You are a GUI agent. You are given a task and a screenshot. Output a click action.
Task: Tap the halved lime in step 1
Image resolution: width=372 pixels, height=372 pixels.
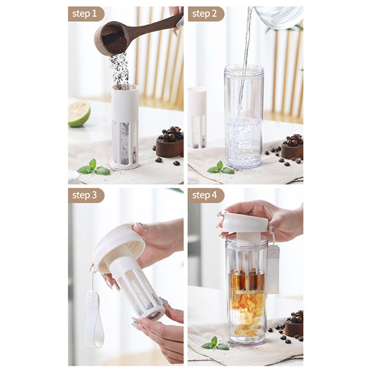pyautogui.click(x=79, y=113)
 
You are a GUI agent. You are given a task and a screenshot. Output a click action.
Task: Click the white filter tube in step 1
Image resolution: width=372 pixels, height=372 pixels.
pyautogui.click(x=125, y=126)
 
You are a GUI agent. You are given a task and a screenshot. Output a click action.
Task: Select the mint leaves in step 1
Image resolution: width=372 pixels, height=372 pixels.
pyautogui.click(x=93, y=168)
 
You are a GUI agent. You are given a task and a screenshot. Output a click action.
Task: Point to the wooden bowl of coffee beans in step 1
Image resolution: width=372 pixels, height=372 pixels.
pyautogui.click(x=170, y=143)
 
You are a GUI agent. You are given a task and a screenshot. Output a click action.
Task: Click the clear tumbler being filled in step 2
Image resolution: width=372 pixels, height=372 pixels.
pyautogui.click(x=244, y=117)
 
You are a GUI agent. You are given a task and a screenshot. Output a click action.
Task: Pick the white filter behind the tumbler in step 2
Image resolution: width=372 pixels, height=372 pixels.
pyautogui.click(x=197, y=118)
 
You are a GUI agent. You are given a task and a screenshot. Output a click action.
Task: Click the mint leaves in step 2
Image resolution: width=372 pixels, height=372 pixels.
pyautogui.click(x=221, y=168)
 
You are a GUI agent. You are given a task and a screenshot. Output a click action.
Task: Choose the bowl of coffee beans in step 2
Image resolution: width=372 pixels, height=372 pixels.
pyautogui.click(x=292, y=148)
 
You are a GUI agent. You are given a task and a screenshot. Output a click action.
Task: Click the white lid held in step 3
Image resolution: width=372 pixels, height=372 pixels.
pyautogui.click(x=118, y=247)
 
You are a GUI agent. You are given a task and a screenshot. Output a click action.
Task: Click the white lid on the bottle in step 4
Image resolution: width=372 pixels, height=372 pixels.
pyautogui.click(x=246, y=223)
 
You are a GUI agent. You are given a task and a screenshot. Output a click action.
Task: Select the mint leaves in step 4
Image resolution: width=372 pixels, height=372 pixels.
pyautogui.click(x=215, y=343)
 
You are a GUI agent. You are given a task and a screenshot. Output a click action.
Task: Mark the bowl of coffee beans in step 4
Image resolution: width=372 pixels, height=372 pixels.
pyautogui.click(x=294, y=324)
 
